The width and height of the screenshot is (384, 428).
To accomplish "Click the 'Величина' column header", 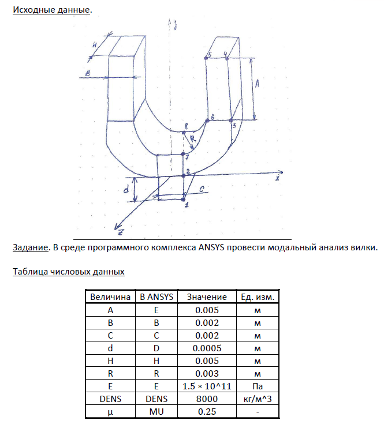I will (110, 296).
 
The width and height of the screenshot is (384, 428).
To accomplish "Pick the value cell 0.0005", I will (206, 348).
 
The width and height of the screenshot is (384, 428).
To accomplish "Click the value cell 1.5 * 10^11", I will (206, 386).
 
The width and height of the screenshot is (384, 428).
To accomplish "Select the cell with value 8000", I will (206, 399).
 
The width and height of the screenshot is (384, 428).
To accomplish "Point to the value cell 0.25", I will (206, 411).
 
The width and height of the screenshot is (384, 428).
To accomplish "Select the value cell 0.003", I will (206, 373).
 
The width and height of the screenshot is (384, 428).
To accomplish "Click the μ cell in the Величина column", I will (110, 411).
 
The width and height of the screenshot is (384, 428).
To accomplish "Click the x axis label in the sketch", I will (277, 178).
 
